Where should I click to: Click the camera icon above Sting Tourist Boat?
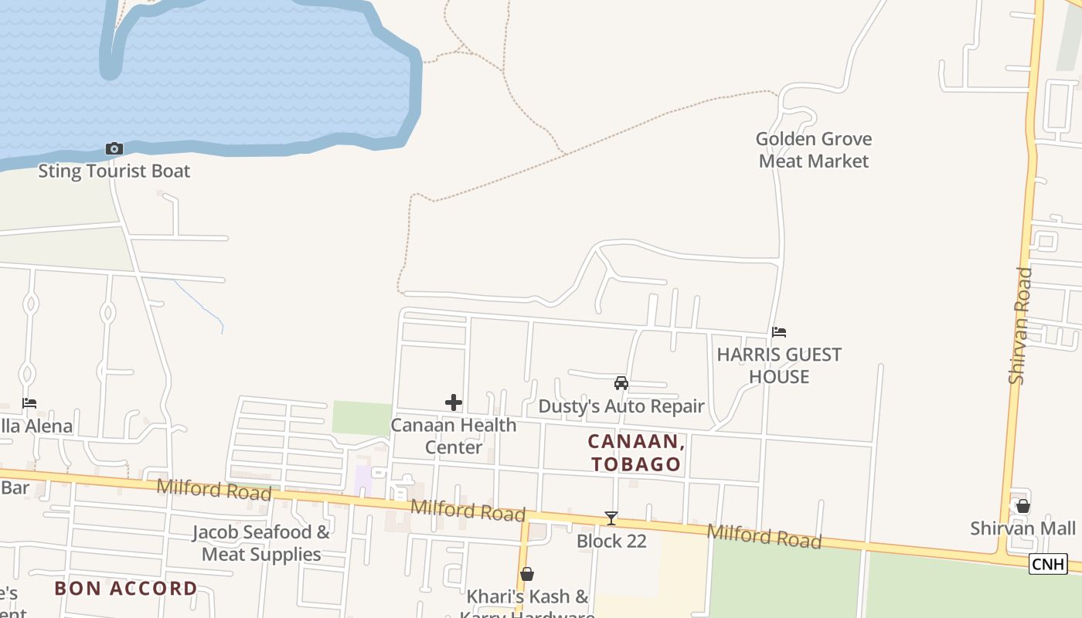(x=114, y=148)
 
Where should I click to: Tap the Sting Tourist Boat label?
(x=114, y=171)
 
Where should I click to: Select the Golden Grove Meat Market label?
(x=813, y=150)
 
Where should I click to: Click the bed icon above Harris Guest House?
(x=779, y=332)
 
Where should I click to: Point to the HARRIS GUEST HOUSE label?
(x=779, y=365)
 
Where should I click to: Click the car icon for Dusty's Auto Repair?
(x=621, y=383)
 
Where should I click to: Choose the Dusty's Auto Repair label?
(x=621, y=406)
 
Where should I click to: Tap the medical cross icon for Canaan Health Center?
(x=454, y=402)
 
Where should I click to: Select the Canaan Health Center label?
(x=454, y=436)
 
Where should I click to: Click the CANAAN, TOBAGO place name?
(x=636, y=453)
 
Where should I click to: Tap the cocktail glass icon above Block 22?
(x=611, y=518)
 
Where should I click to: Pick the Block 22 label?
(x=611, y=541)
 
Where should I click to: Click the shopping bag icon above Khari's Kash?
(x=527, y=574)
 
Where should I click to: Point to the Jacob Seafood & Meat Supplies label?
(x=261, y=543)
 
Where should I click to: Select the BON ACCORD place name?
(x=126, y=588)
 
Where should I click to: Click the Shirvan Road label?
(x=1020, y=325)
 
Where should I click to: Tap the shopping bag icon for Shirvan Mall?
(x=1023, y=506)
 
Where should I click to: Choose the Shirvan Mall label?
(x=1023, y=528)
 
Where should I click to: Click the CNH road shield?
(x=1048, y=564)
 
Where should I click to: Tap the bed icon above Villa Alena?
(x=29, y=403)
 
